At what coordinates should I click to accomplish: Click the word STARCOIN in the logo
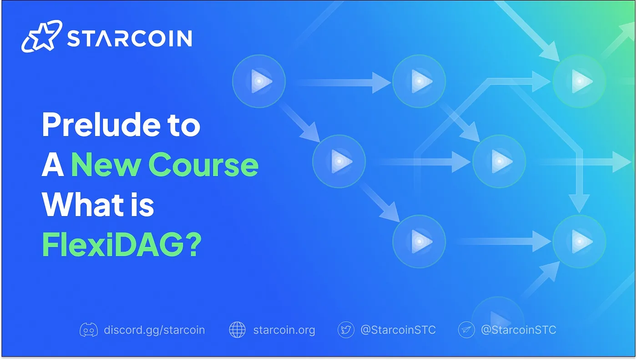[129, 39]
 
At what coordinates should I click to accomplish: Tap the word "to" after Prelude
[185, 125]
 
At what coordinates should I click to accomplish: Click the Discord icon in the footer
[89, 330]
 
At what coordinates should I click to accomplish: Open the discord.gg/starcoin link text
[154, 330]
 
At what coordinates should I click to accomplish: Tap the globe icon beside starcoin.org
[237, 330]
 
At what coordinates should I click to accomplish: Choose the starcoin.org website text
[284, 330]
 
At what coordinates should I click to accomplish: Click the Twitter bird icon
[346, 330]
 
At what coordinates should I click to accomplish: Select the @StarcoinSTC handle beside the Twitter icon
[398, 330]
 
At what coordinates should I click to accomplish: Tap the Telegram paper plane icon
[466, 330]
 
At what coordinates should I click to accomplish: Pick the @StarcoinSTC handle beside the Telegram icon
[519, 330]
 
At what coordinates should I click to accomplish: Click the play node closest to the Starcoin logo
[259, 81]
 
